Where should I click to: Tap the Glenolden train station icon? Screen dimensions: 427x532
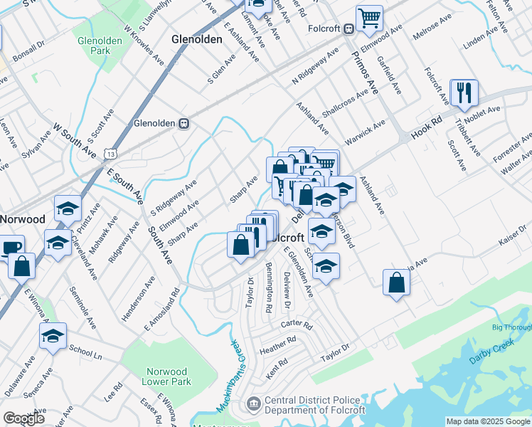(x=184, y=123)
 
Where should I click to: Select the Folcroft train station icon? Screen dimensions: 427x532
(x=349, y=29)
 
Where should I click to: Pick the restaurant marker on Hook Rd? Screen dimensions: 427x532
(x=464, y=92)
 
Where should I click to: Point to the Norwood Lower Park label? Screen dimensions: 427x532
(x=167, y=376)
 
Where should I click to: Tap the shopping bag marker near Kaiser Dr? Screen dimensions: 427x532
(x=396, y=283)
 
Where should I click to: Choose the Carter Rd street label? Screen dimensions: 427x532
(x=297, y=325)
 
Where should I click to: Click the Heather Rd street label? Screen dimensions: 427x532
(x=277, y=347)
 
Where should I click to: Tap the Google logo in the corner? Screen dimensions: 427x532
(x=23, y=418)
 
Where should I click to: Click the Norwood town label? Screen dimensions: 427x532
(x=21, y=218)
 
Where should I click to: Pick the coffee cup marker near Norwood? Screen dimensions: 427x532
(x=10, y=248)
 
